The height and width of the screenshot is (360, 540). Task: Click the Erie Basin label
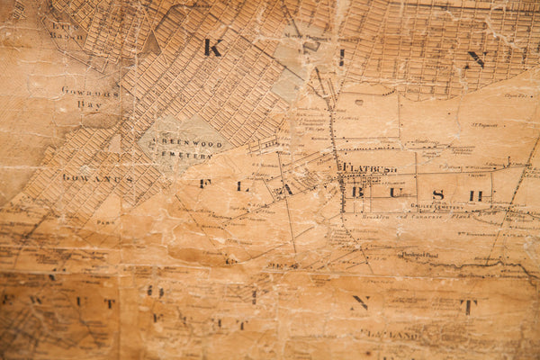point(65,31)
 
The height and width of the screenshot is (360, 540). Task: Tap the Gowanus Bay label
point(89,97)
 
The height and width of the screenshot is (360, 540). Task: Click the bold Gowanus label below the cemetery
point(97,178)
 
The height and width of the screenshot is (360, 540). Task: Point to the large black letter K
point(212,48)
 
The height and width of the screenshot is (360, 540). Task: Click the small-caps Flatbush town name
point(366,167)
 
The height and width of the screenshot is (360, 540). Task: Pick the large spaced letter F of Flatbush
point(204,184)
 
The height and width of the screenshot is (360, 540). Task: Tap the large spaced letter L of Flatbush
point(241,186)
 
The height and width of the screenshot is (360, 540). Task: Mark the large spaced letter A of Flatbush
point(288,190)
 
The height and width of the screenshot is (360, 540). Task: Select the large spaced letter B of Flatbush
point(357,192)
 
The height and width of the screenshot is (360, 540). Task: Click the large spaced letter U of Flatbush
point(394,193)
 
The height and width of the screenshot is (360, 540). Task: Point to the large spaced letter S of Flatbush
point(438,194)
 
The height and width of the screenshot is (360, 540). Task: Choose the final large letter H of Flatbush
point(475,195)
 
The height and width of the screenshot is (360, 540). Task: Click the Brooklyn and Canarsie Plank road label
point(396,218)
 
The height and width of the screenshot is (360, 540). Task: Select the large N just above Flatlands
point(360,303)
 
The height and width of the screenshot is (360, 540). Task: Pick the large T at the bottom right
point(468,307)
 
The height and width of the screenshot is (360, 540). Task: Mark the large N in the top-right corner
point(476,59)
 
